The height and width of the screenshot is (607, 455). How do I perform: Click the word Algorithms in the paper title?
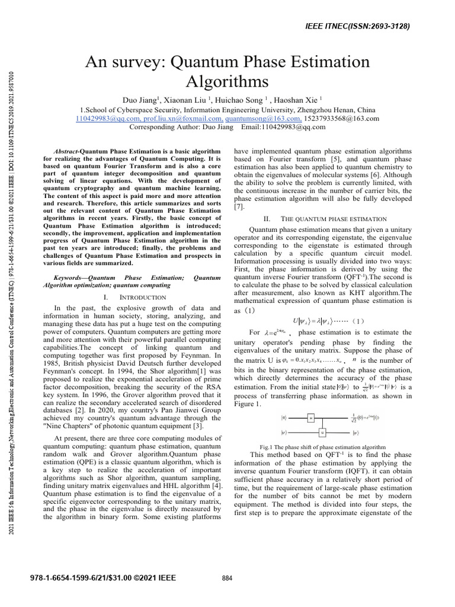[227, 81]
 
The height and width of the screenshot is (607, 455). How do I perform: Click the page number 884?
[227, 578]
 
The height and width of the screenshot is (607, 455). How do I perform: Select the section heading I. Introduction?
[134, 296]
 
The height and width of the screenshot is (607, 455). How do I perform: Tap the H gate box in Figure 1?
[310, 418]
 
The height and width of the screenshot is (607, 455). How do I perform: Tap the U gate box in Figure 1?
[323, 432]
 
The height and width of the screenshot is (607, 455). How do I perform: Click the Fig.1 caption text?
[323, 446]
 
